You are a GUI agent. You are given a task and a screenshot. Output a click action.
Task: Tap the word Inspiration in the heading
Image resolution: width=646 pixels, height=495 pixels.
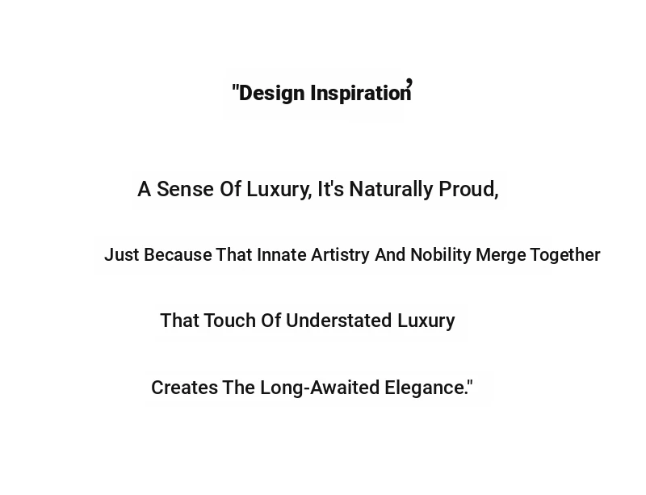[361, 93]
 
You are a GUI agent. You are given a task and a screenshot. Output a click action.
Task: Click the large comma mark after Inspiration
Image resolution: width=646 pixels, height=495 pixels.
[409, 83]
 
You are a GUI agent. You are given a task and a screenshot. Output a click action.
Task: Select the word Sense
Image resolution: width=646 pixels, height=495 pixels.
[186, 189]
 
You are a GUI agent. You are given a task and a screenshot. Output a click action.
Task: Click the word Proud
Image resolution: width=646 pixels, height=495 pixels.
[467, 189]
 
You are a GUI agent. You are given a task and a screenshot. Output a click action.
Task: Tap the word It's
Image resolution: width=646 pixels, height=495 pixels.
[330, 189]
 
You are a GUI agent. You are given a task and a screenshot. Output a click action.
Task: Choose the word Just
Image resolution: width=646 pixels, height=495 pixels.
[122, 254]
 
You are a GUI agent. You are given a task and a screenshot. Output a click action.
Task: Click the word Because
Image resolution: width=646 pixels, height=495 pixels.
[178, 254]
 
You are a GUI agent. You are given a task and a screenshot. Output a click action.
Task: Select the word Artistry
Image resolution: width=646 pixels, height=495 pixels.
[340, 255]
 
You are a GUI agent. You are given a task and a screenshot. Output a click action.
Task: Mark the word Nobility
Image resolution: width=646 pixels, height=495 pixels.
[441, 255]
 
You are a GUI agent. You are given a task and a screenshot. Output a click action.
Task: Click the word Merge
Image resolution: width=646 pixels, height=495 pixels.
[501, 255]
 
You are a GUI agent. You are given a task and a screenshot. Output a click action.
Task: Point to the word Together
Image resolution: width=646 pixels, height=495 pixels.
[565, 255]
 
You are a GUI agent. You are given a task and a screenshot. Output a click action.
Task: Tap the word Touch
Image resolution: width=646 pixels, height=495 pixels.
[229, 321]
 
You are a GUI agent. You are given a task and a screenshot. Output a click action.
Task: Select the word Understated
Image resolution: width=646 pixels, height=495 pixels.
[338, 321]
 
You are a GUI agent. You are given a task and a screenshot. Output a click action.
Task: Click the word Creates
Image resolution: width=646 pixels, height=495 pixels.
[185, 388]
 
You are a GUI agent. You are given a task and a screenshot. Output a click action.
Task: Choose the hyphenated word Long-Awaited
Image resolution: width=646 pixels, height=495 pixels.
[320, 388]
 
